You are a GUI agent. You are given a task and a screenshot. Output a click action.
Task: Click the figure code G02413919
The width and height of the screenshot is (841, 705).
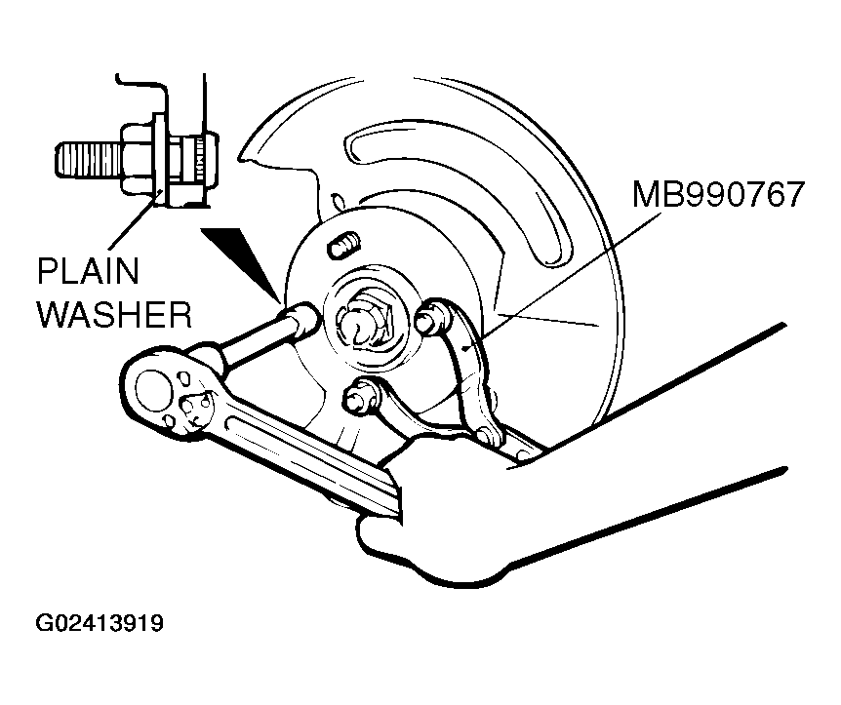click(100, 622)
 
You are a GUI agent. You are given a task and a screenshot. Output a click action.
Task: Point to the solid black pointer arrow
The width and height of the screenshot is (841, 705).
click(240, 256)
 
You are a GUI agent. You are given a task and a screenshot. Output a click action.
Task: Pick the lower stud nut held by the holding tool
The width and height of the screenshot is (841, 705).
click(356, 398)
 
